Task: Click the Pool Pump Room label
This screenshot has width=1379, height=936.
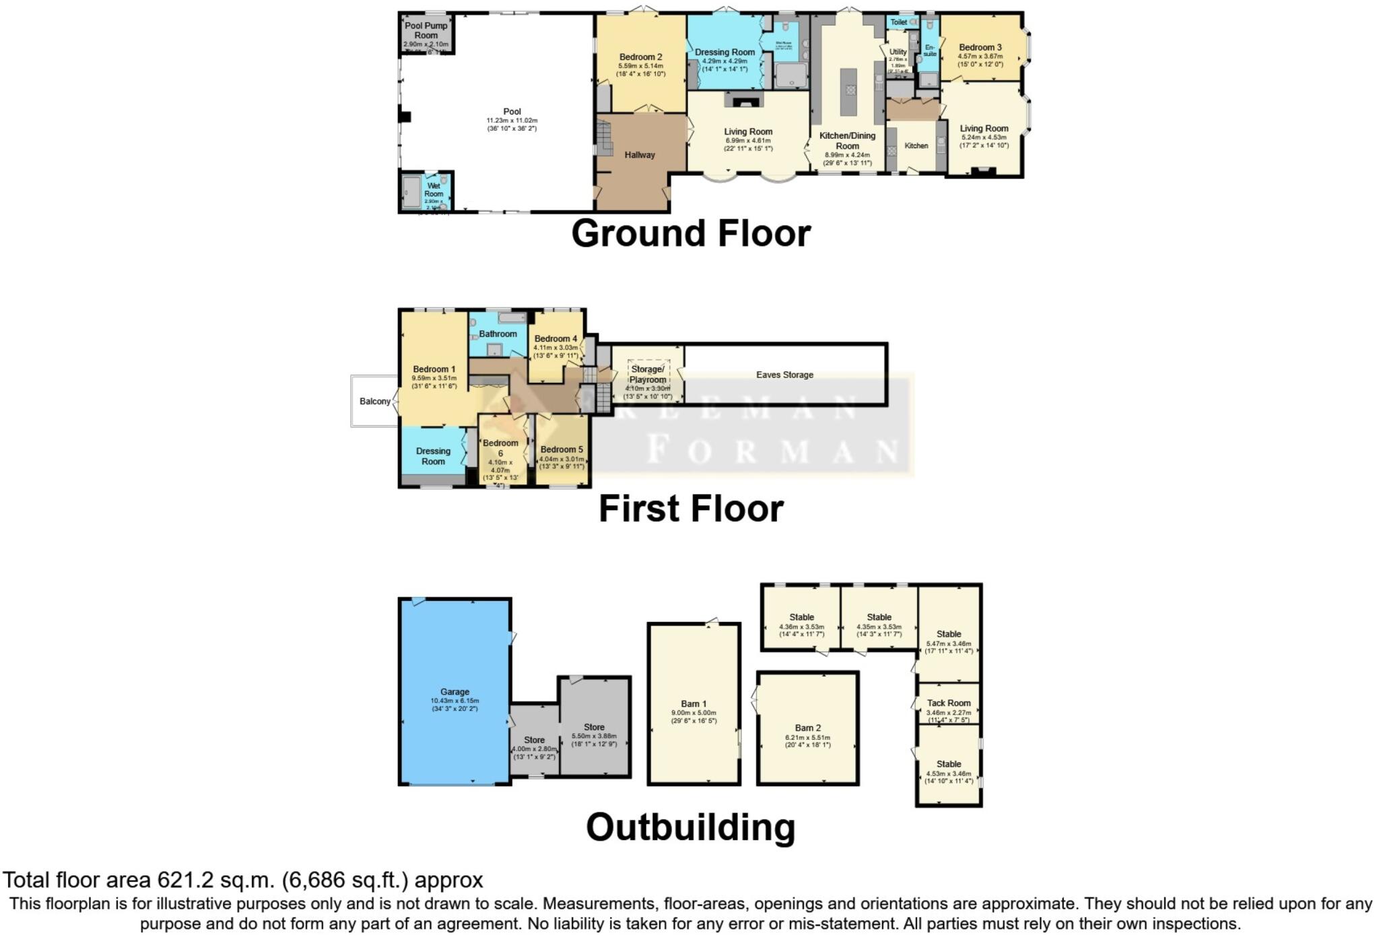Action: tap(426, 30)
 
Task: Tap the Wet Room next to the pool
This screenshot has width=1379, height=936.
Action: tap(433, 190)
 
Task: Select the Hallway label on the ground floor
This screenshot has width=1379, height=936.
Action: tap(639, 155)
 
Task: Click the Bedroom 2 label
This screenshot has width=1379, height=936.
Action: tap(640, 57)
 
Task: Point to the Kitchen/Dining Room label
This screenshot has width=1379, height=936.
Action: tap(847, 140)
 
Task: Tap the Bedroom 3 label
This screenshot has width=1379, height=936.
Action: tap(980, 47)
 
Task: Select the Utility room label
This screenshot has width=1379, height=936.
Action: tap(898, 52)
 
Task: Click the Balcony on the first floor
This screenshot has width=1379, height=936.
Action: tap(374, 401)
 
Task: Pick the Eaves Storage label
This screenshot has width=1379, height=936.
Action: tap(784, 375)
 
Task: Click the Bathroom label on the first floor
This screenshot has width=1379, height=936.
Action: tap(498, 334)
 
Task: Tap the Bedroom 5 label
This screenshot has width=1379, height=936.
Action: tap(562, 449)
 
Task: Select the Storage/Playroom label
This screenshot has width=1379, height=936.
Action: tap(647, 374)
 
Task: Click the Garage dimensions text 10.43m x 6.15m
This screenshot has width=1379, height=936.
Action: tap(455, 701)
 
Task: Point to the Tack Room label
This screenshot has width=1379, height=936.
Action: tap(948, 703)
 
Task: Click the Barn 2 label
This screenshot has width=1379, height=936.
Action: tap(807, 728)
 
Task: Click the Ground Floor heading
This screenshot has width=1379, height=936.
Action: tap(691, 233)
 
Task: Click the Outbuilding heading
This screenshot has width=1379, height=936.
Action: tap(690, 827)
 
